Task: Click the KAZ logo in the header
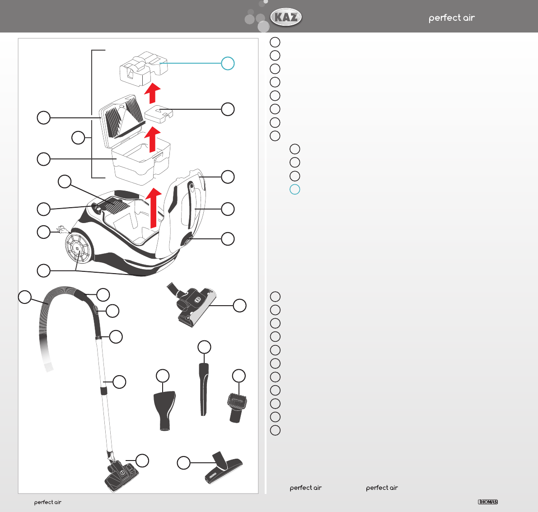[286, 18]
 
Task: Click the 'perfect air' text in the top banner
[451, 18]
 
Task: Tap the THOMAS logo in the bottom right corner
[488, 502]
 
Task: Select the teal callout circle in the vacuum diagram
[228, 64]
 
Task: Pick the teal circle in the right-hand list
[295, 189]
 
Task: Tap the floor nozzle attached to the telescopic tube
[121, 475]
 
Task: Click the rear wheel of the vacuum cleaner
[78, 248]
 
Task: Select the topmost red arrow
[152, 93]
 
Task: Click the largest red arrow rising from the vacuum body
[154, 207]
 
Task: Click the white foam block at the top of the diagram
[142, 67]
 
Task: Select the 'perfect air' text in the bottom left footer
[47, 503]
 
